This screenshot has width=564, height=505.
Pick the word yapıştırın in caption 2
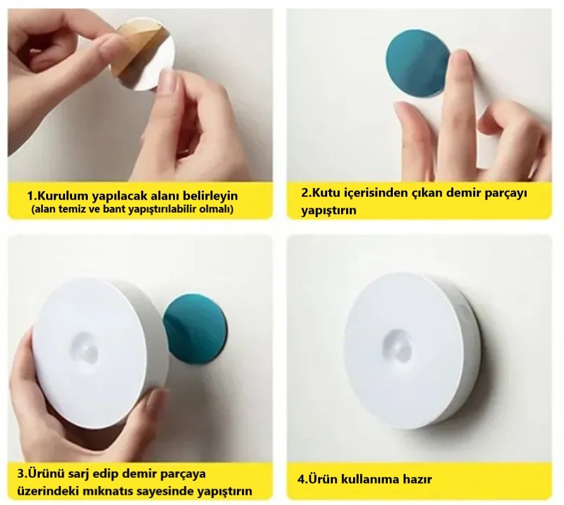pyautogui.click(x=329, y=210)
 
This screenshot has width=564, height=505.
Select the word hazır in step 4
pyautogui.click(x=417, y=479)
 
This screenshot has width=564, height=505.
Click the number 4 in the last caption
pyautogui.click(x=301, y=479)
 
